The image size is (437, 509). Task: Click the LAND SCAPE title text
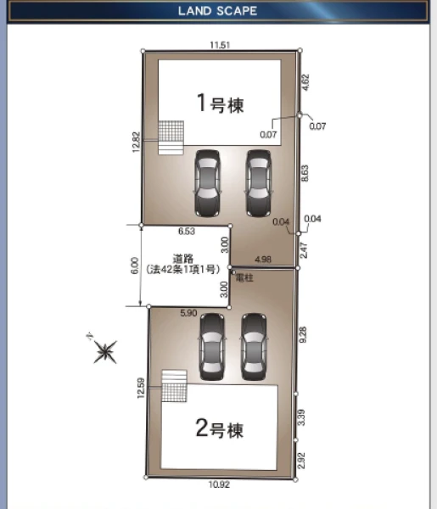click(x=217, y=11)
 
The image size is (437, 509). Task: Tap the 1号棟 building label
click(x=221, y=103)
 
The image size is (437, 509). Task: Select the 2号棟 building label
click(x=220, y=428)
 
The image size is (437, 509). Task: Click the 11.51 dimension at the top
click(x=220, y=45)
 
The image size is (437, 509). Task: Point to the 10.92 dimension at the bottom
click(x=219, y=484)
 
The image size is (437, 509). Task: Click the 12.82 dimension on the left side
click(x=137, y=142)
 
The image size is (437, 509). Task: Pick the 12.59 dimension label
click(x=141, y=388)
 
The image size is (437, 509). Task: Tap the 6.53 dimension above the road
click(x=187, y=231)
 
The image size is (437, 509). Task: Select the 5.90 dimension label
click(x=188, y=313)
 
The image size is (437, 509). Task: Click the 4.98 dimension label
click(x=263, y=260)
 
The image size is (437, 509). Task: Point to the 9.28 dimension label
click(x=303, y=335)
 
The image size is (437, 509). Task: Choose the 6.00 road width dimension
click(x=135, y=266)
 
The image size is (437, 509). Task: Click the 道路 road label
click(x=183, y=259)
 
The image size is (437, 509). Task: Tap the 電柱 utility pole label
click(x=244, y=278)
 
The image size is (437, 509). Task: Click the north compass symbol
click(x=104, y=351)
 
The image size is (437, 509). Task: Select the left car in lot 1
click(x=207, y=183)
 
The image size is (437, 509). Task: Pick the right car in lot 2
click(x=254, y=347)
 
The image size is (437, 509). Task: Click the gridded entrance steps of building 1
click(x=171, y=137)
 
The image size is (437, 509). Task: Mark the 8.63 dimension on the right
click(x=305, y=173)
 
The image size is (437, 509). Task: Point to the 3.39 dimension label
click(x=301, y=417)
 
